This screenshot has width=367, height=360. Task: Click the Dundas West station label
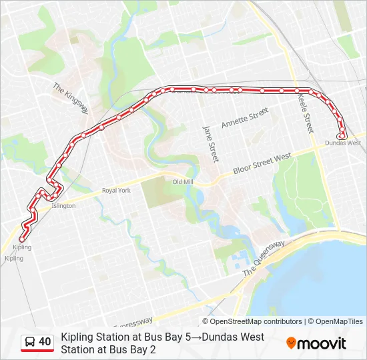(343, 143)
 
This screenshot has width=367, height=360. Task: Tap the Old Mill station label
(182, 182)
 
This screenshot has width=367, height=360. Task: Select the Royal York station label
(116, 191)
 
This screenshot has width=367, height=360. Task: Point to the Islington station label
(63, 206)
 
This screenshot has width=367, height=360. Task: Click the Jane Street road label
(210, 143)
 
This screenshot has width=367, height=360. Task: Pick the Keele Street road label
(306, 113)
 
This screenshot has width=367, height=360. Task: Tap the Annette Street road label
(244, 117)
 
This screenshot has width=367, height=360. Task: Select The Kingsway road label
(70, 97)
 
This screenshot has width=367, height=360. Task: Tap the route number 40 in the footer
(45, 342)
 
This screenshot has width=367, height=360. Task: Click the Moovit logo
(316, 343)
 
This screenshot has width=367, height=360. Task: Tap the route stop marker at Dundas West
(342, 136)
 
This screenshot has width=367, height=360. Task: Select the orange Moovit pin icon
(291, 343)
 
